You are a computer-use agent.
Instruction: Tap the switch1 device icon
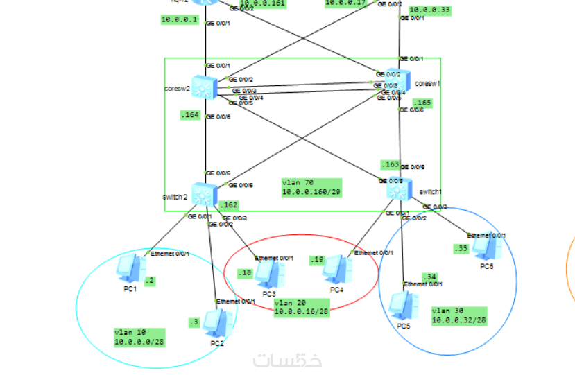click(400, 189)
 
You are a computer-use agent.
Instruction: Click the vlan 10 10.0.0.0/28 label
click(139, 337)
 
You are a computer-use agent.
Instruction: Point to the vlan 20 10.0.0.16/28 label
click(300, 308)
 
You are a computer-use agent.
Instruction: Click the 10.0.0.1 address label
click(180, 19)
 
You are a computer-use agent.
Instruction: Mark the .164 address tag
click(190, 115)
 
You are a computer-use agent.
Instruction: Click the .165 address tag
click(422, 103)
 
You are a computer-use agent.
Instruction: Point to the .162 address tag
click(228, 205)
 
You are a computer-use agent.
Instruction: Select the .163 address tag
click(390, 164)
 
